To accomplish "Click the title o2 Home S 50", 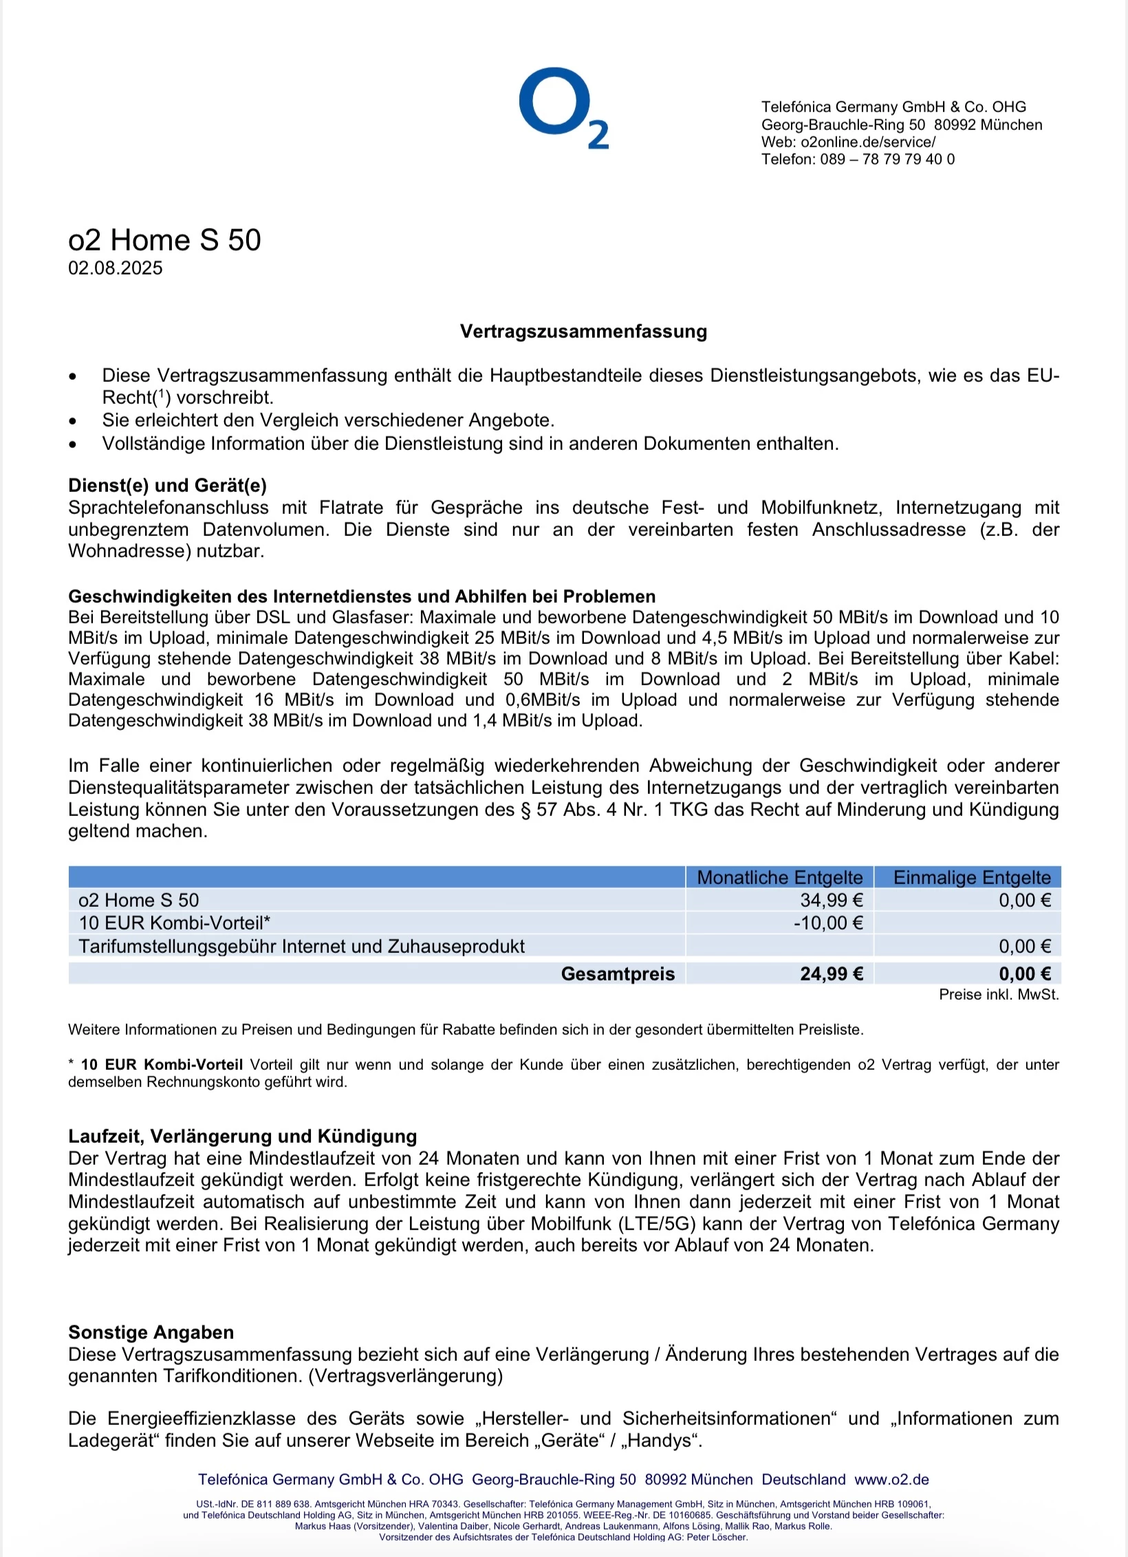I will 164,240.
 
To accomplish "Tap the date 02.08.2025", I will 115,268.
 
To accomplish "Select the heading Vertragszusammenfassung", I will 583,332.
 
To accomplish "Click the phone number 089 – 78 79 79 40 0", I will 887,160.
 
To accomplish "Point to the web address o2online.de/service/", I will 868,142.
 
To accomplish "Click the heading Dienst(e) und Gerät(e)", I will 167,486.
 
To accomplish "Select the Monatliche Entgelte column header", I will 779,877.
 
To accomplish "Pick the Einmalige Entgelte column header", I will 971,877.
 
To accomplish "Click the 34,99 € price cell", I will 831,900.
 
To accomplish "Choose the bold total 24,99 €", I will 831,974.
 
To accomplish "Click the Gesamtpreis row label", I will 618,974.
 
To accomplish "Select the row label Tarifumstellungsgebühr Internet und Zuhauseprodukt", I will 301,946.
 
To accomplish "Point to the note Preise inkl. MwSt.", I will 999,994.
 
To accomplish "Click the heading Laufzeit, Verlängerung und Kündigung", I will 243,1136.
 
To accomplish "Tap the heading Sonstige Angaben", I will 151,1332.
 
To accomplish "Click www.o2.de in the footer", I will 891,1479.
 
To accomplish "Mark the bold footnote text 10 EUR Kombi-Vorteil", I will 162,1064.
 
